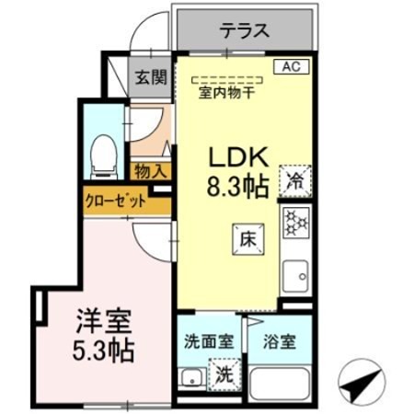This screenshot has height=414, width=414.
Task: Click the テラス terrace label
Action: [x=244, y=30]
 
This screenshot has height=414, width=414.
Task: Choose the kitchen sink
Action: [x=296, y=275]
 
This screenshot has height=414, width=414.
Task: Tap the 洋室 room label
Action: [x=103, y=323]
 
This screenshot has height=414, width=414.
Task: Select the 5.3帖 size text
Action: [x=103, y=351]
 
